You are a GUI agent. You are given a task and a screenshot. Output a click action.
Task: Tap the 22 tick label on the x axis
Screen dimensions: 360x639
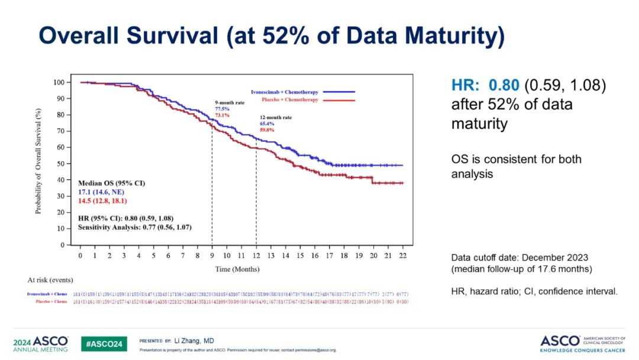pyautogui.click(x=403, y=255)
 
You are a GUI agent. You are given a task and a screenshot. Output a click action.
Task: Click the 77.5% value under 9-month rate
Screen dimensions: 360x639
pyautogui.click(x=222, y=109)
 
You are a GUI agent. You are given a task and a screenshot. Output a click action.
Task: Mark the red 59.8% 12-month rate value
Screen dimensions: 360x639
pyautogui.click(x=267, y=130)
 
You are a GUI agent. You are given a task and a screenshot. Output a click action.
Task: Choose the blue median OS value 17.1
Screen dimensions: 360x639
pyautogui.click(x=86, y=192)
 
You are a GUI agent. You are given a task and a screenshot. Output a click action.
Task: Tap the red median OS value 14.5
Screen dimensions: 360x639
pyautogui.click(x=86, y=201)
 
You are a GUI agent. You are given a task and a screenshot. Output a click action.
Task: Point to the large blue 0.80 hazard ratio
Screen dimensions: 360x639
pyautogui.click(x=504, y=85)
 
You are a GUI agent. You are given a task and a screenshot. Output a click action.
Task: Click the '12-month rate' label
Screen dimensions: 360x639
pyautogui.click(x=275, y=117)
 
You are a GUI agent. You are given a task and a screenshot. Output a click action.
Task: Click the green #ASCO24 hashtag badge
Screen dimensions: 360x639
pyautogui.click(x=104, y=343)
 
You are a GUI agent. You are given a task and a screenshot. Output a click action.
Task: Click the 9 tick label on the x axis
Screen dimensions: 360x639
pyautogui.click(x=212, y=255)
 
